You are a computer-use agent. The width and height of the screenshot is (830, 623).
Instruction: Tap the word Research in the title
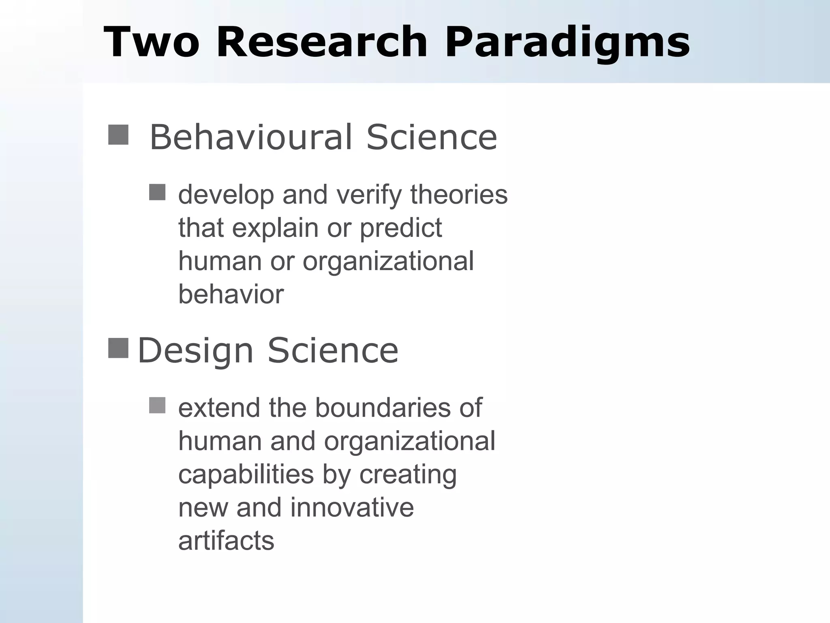(x=322, y=42)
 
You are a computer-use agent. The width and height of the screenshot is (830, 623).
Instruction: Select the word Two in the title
(x=152, y=42)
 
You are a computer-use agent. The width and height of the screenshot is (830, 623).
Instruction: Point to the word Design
(x=195, y=350)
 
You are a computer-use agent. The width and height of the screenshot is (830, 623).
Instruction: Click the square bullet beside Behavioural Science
(x=118, y=135)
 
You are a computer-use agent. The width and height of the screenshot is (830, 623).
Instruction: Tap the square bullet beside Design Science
(x=118, y=348)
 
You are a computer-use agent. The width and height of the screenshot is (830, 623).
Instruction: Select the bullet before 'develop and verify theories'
(x=157, y=192)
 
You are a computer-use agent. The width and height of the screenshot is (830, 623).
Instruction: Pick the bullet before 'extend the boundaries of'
(x=157, y=405)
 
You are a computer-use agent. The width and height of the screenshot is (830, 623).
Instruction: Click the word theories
(x=459, y=195)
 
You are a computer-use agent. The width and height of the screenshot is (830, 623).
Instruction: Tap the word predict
(x=401, y=228)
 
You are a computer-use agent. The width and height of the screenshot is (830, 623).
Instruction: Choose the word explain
(x=275, y=228)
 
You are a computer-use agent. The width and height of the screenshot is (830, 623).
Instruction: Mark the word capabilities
(x=246, y=475)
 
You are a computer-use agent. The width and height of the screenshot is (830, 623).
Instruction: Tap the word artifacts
(x=226, y=541)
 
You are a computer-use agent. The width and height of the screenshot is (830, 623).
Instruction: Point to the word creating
(x=408, y=475)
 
